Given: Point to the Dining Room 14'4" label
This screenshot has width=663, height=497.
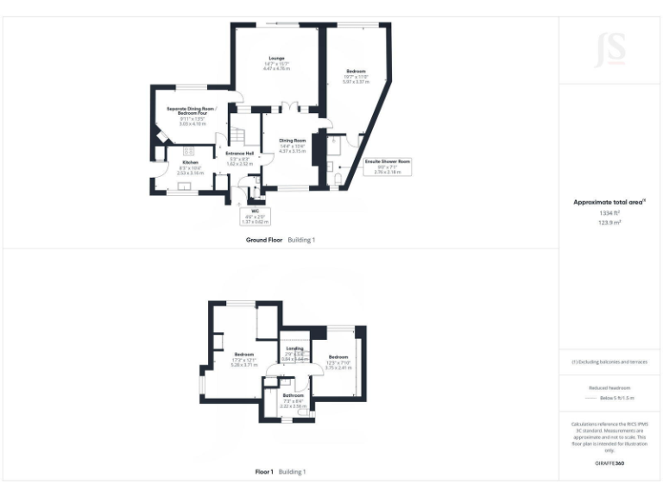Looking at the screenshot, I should point(293,145).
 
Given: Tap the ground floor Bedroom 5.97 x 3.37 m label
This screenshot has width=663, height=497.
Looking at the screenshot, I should point(357,76).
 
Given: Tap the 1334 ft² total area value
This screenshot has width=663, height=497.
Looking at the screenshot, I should point(609,212).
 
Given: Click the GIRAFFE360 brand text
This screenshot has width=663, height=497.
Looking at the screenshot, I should point(609,463).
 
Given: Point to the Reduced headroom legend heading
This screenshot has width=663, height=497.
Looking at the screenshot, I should point(609,387).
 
